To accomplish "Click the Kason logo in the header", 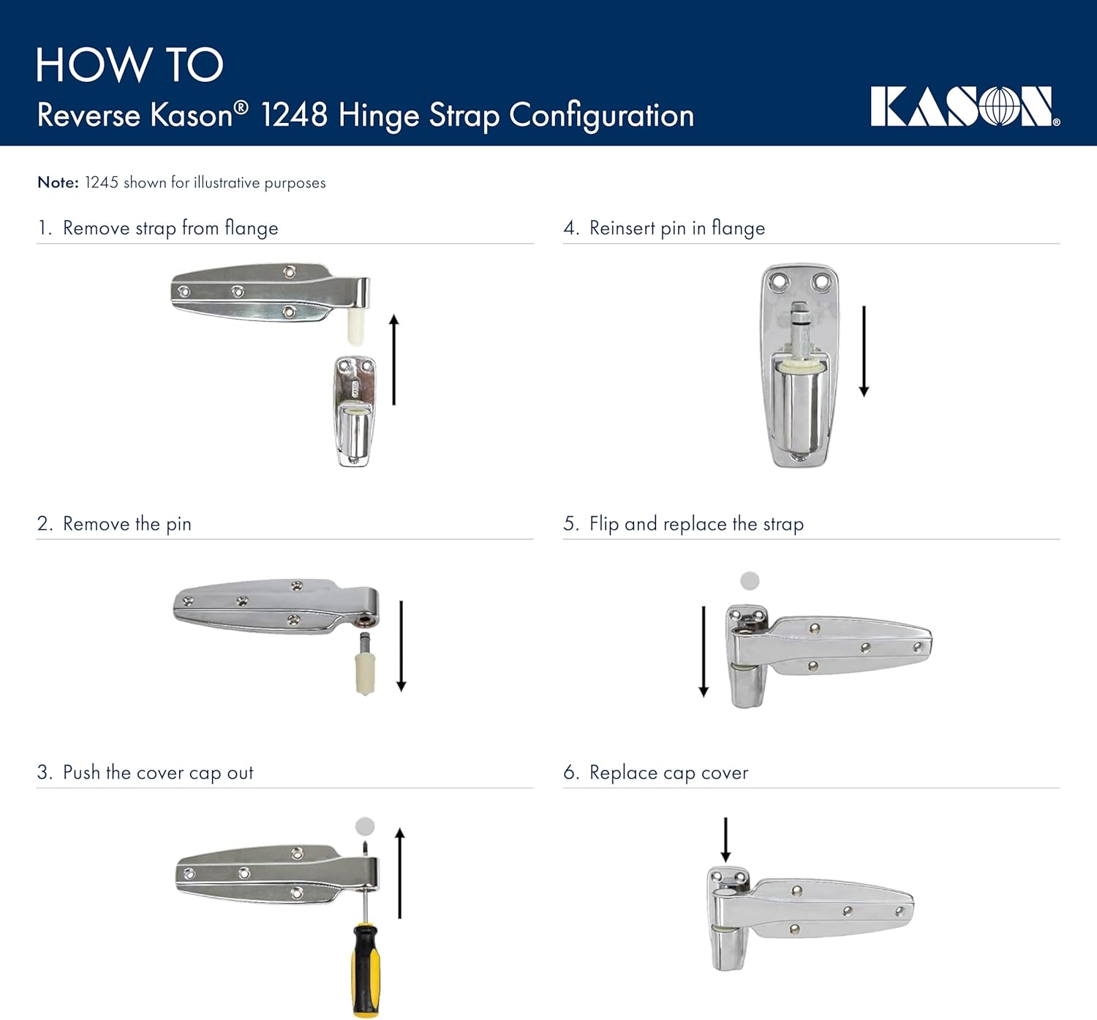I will (x=965, y=107).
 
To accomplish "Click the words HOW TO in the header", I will (x=129, y=65).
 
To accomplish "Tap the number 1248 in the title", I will (x=294, y=116).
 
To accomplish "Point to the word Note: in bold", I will (x=58, y=182).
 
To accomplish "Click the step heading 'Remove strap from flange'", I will (x=170, y=228).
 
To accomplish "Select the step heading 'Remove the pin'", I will (x=127, y=524).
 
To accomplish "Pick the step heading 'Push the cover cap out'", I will (x=157, y=773).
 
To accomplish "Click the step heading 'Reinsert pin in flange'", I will (x=676, y=228).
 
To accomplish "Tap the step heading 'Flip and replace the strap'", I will (x=695, y=524).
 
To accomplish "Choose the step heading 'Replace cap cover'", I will (x=668, y=773).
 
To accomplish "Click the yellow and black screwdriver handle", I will (x=366, y=970).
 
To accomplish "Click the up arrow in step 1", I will (x=394, y=359).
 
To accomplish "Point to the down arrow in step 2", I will (x=401, y=646).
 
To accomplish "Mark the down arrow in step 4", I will (x=864, y=351).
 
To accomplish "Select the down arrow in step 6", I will (x=725, y=840).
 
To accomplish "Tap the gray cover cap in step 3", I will (x=365, y=827).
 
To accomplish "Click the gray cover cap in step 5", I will (x=750, y=581).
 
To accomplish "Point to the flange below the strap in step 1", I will (x=355, y=411).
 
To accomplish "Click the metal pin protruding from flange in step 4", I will (x=799, y=329).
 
